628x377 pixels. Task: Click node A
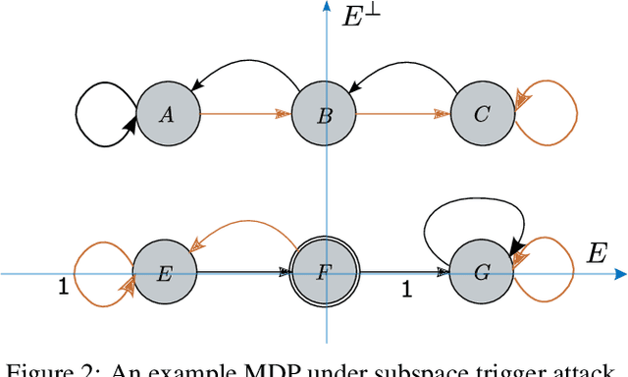coord(167,116)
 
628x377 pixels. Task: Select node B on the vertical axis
coord(326,116)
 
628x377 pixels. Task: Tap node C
coord(482,116)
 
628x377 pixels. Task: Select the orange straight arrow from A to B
coord(245,115)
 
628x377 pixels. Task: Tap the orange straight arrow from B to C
coord(403,115)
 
